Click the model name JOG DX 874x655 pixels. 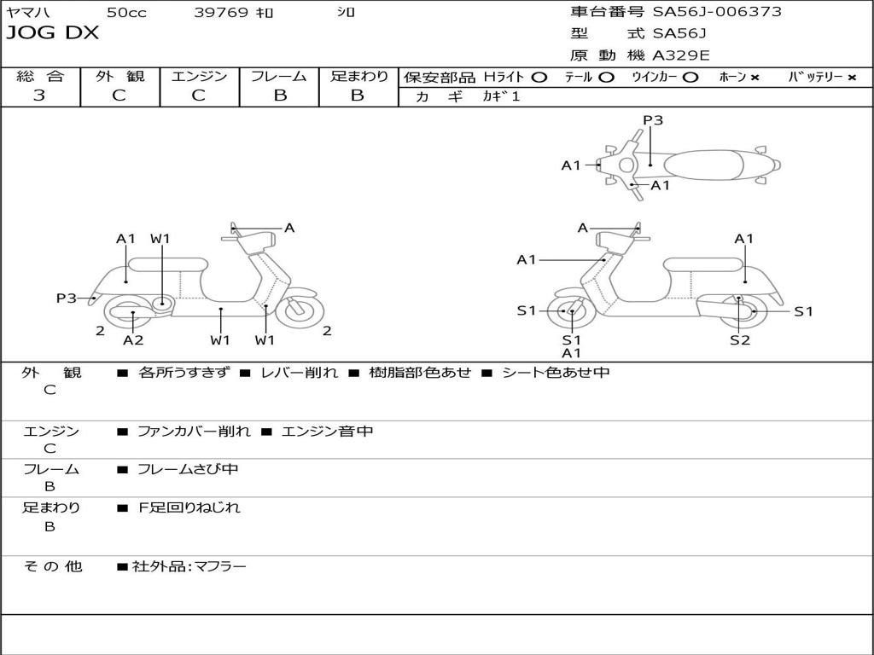point(52,33)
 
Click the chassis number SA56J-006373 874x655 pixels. point(717,12)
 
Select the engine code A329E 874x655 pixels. point(680,55)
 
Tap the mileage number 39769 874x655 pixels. point(221,12)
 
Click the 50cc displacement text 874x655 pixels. point(126,12)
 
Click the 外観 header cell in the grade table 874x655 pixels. point(119,76)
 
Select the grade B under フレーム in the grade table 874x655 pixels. point(280,96)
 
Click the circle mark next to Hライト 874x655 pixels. point(539,78)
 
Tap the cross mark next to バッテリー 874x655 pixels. point(852,78)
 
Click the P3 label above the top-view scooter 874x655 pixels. point(653,119)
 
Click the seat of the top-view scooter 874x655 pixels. point(703,165)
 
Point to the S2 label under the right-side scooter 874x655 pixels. point(740,339)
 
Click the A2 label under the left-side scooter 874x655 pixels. point(132,339)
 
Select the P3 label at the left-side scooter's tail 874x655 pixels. point(67,298)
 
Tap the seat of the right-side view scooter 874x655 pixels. point(704,264)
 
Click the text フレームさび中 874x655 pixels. point(188,470)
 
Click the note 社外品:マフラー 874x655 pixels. point(189,566)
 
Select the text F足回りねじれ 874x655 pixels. point(189,507)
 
